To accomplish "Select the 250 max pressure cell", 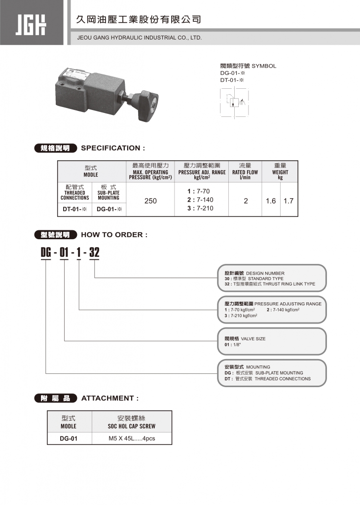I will pyautogui.click(x=150, y=201).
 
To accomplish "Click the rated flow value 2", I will pyautogui.click(x=245, y=201).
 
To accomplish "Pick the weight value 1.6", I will pyautogui.click(x=271, y=201).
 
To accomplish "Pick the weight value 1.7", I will pyautogui.click(x=288, y=201).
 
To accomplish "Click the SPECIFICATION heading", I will pyautogui.click(x=113, y=148).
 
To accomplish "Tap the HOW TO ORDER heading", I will pyautogui.click(x=114, y=235).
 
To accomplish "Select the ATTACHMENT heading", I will pyautogui.click(x=109, y=398).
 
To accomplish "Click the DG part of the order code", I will pyautogui.click(x=46, y=253).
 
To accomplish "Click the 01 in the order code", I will pyautogui.click(x=65, y=253).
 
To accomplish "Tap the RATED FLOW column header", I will pyautogui.click(x=245, y=172).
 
